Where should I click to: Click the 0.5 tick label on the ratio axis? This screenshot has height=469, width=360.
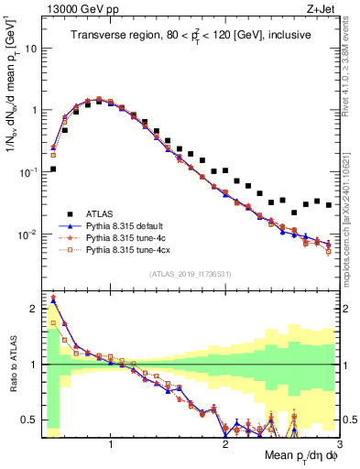tap(27, 420)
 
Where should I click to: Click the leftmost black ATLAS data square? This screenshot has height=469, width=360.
tap(53, 169)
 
